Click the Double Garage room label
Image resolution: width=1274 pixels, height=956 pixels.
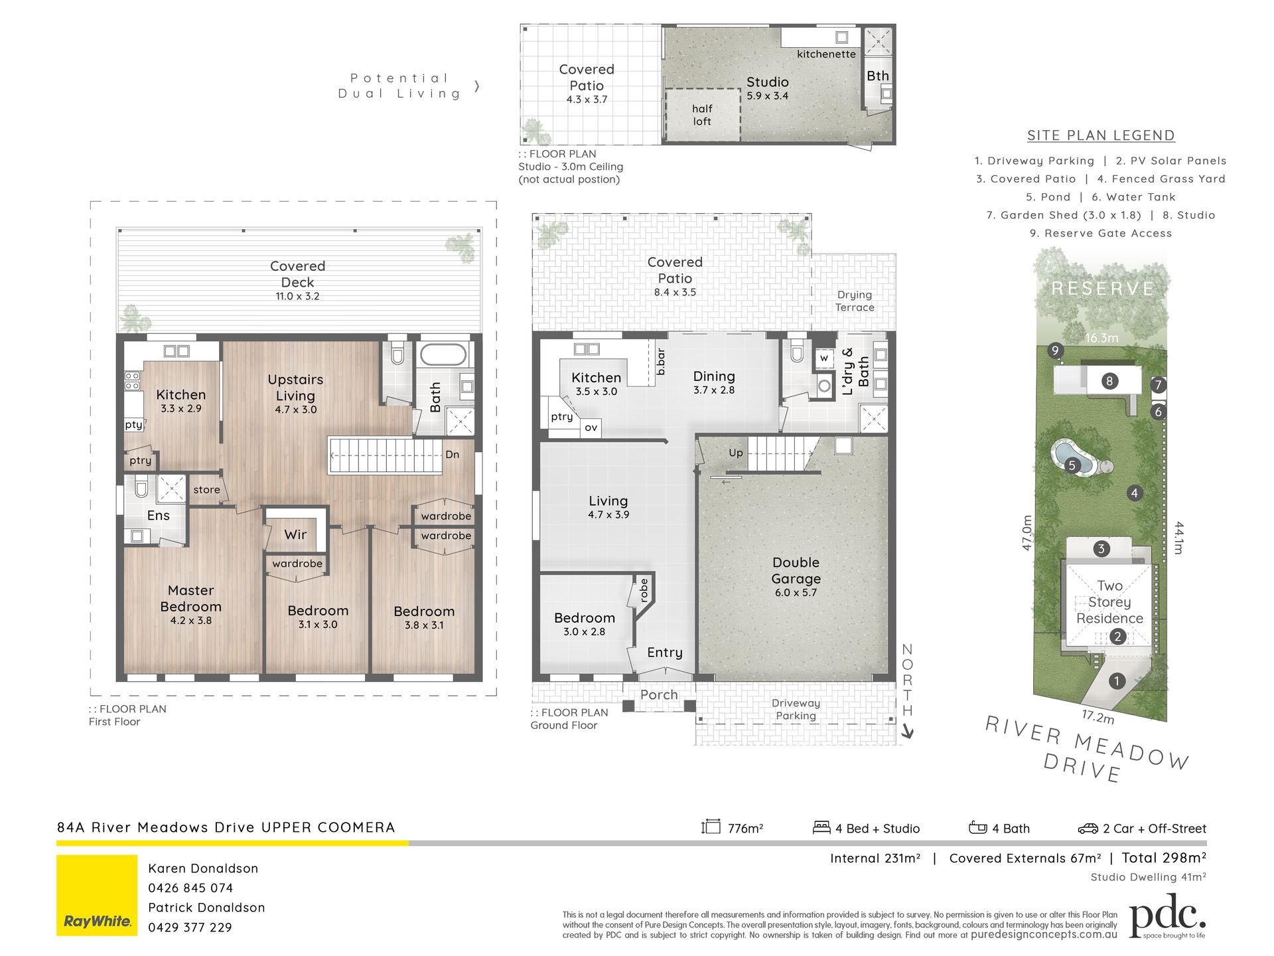(x=796, y=570)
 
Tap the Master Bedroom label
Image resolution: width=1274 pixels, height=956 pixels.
(x=190, y=598)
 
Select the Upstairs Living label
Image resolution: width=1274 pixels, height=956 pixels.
(x=295, y=387)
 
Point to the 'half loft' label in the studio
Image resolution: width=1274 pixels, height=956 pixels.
(x=702, y=115)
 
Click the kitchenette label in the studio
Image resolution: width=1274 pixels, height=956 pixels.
(x=826, y=54)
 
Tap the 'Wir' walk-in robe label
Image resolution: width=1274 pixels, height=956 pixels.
(x=295, y=534)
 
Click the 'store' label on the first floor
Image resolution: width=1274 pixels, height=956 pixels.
(x=206, y=490)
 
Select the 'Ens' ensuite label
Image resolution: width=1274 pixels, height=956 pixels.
(x=158, y=515)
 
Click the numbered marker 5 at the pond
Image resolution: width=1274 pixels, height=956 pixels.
(x=1072, y=465)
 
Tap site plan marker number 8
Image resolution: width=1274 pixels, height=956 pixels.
(x=1109, y=381)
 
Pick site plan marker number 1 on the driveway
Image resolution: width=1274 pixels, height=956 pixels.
(x=1117, y=681)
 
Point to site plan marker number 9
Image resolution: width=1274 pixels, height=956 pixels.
(x=1055, y=351)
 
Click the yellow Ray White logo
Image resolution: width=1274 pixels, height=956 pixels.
(x=97, y=895)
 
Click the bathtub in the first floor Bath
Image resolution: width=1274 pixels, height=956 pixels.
(x=444, y=355)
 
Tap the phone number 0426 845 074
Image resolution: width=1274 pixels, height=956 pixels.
(x=190, y=888)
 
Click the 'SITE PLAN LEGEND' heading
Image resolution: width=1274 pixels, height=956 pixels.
(x=1101, y=135)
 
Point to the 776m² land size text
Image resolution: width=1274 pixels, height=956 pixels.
(x=745, y=828)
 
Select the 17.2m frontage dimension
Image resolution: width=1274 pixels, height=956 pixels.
(x=1098, y=717)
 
